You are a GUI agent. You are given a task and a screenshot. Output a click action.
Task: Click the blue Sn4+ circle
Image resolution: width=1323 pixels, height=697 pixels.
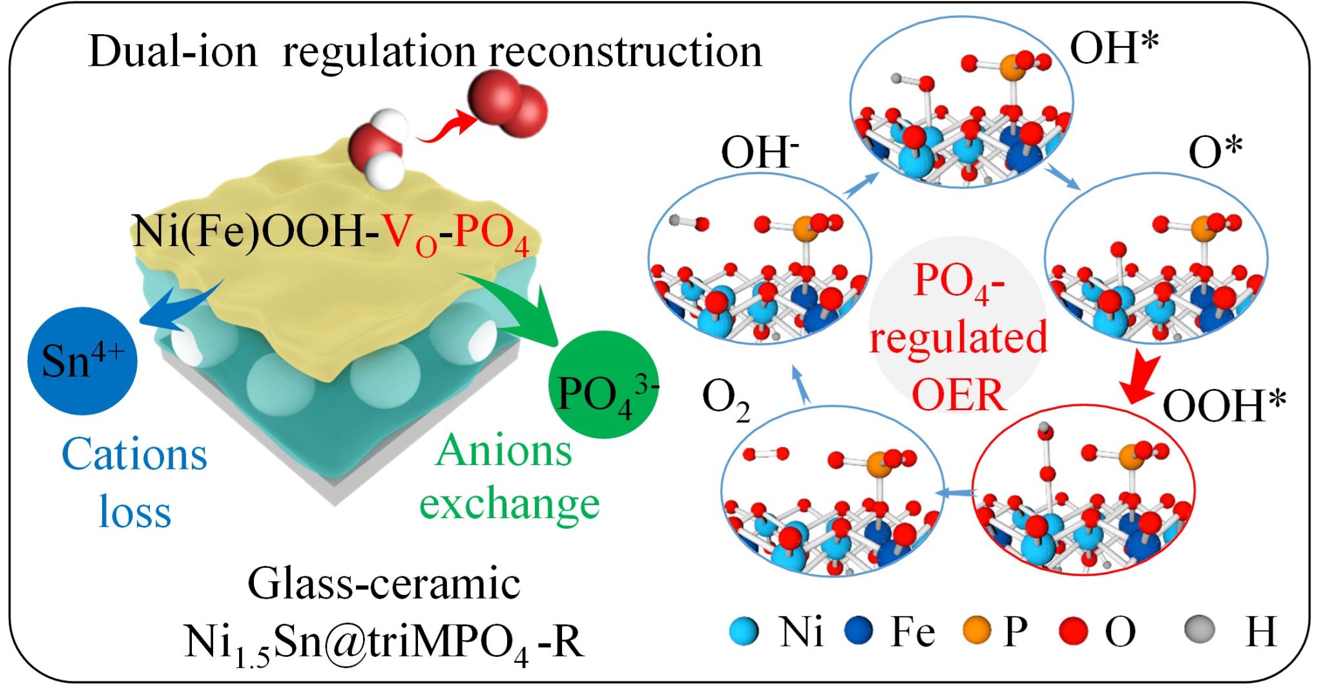pos(82,360)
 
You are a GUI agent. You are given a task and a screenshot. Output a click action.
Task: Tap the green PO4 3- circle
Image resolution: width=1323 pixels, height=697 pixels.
pos(602,386)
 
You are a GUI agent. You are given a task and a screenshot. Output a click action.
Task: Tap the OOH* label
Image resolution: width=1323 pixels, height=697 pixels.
pos(1224,406)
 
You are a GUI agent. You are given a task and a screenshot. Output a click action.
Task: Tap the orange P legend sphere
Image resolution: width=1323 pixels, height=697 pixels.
pos(976,630)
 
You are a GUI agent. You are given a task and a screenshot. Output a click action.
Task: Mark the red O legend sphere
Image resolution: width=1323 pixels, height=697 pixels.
pos(1074,631)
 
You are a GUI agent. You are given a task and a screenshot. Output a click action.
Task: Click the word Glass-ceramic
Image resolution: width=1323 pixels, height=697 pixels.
pos(384,585)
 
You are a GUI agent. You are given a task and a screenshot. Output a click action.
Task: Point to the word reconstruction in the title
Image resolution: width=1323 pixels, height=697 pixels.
pos(625,52)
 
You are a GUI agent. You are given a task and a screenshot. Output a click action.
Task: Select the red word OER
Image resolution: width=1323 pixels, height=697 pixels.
pos(959,394)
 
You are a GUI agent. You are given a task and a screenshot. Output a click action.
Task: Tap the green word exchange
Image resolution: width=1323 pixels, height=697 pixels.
pos(509,505)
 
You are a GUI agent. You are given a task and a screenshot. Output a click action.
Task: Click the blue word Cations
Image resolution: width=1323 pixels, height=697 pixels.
pos(134,455)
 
